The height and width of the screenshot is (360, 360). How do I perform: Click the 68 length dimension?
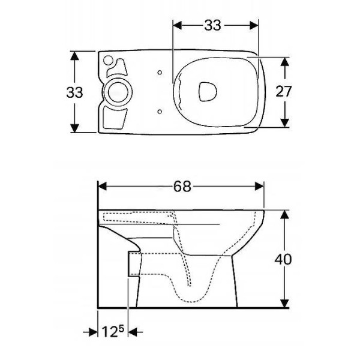[x=182, y=187]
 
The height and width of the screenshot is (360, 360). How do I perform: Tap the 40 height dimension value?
[x=283, y=259]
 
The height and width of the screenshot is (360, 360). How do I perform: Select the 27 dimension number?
[x=284, y=91]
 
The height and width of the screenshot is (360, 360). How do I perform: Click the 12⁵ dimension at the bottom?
[x=113, y=332]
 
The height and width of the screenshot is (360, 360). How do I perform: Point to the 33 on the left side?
[x=74, y=92]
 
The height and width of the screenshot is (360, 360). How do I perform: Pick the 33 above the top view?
[x=212, y=25]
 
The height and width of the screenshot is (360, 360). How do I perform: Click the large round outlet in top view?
[x=118, y=92]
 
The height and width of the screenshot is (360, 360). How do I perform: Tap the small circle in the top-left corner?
[x=108, y=61]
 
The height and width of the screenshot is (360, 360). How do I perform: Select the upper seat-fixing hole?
[x=160, y=73]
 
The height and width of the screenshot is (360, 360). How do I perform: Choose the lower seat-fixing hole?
[x=160, y=112]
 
